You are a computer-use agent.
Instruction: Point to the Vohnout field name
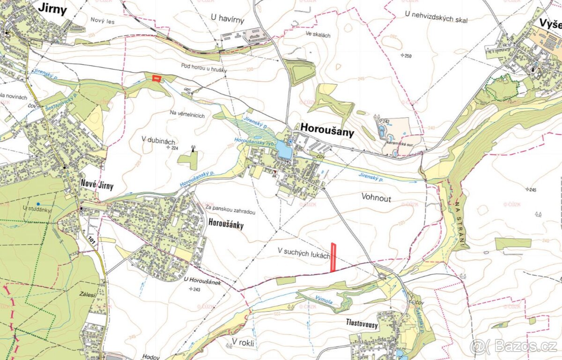pos(376,198)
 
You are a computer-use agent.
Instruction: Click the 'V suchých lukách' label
pos(303,255)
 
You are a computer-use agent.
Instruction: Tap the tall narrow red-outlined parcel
pos(334,257)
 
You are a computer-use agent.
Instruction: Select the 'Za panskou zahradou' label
pos(229,212)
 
